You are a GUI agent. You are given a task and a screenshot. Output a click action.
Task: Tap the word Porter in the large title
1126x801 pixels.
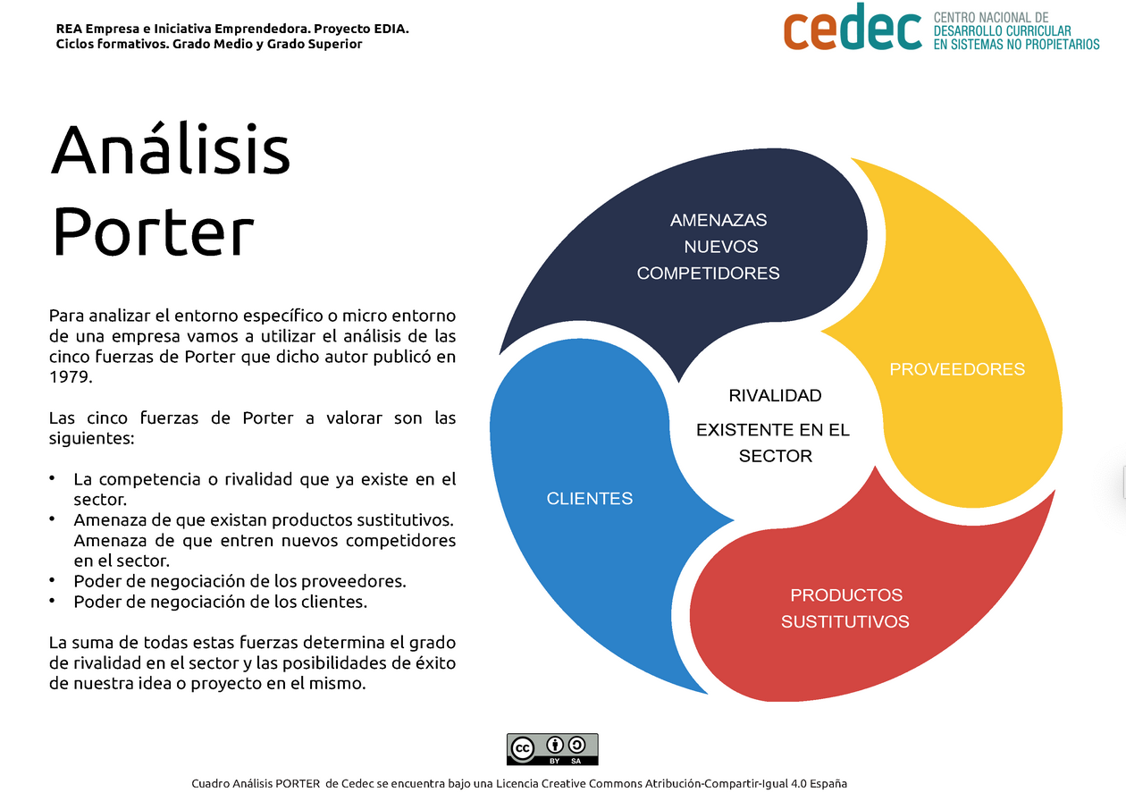(153, 232)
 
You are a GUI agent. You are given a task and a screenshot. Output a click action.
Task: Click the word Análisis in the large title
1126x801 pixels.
(170, 148)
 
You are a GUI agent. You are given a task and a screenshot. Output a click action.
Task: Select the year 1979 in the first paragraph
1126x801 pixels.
(71, 376)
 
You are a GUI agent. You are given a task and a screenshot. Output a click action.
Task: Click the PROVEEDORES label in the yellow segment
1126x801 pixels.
(957, 369)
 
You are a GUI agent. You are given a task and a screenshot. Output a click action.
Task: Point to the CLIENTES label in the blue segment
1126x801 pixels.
(590, 498)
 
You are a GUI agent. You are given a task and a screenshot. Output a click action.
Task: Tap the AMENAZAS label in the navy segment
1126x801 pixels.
(718, 220)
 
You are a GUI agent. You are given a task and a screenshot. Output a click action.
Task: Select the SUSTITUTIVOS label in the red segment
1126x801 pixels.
(845, 621)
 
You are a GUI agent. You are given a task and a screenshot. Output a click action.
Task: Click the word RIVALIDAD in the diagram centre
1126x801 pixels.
(775, 396)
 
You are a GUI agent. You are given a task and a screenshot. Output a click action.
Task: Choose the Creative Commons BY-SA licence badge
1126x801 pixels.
(552, 749)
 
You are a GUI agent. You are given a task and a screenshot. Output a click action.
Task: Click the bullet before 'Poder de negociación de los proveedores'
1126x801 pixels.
(52, 580)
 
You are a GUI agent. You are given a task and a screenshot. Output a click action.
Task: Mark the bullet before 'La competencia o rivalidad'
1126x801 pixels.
(52, 478)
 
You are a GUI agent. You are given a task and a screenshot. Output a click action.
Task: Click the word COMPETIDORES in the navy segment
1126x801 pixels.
(709, 273)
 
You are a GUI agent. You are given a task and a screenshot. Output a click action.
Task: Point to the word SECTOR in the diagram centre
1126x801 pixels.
(775, 456)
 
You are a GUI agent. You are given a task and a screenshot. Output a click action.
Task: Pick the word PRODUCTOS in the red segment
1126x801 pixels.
(846, 594)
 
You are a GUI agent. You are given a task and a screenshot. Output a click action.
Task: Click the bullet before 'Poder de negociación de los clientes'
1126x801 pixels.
(52, 601)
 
